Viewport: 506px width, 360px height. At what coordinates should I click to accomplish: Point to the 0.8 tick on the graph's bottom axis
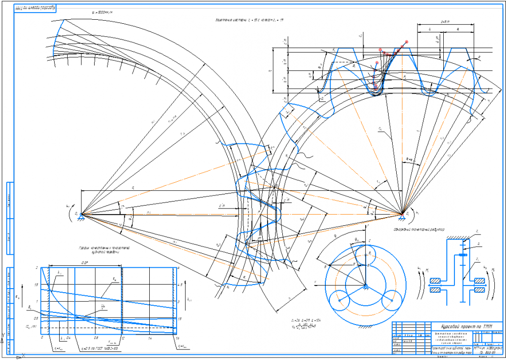96,337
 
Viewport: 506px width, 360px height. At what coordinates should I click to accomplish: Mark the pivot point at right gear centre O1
402,213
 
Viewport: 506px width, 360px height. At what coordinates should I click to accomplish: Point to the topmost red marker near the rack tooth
408,41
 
